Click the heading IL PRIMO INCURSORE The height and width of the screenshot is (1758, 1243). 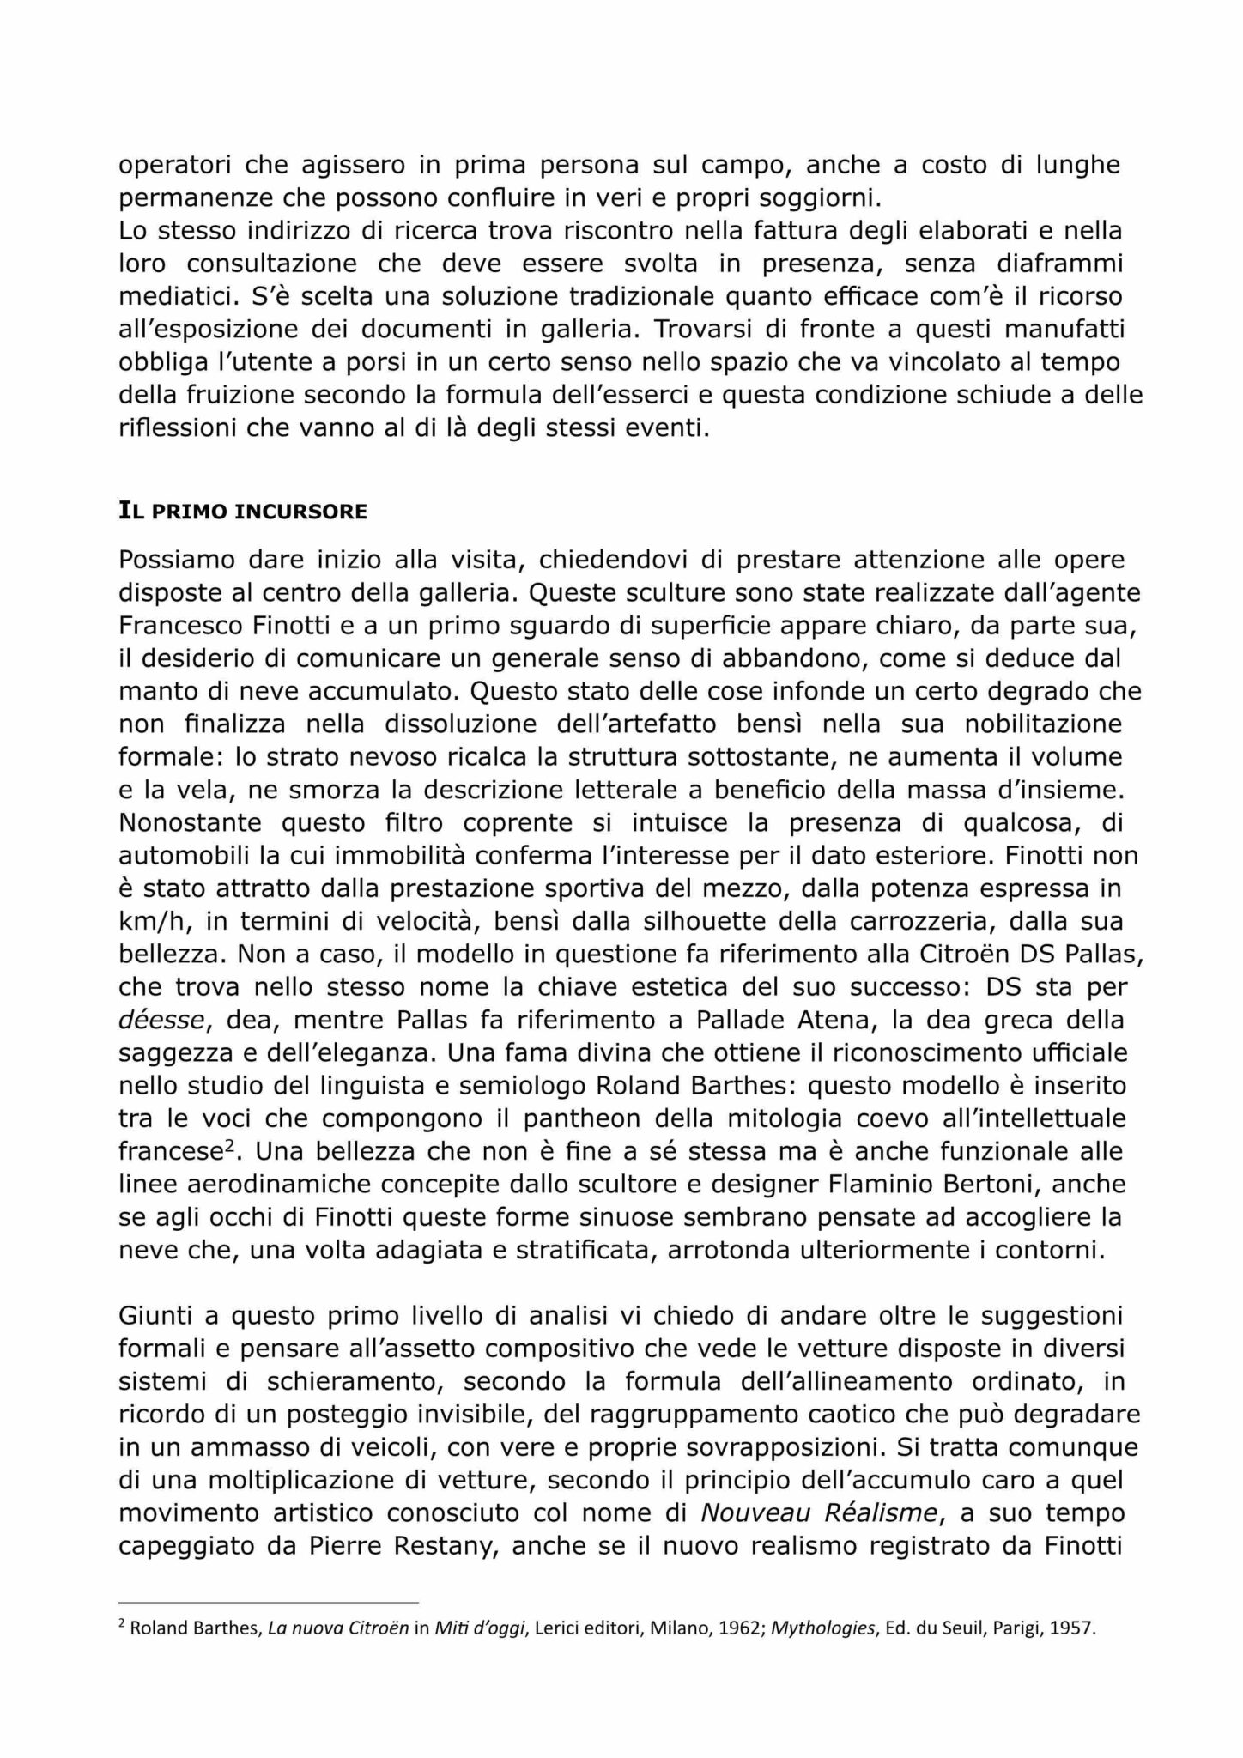tap(242, 512)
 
